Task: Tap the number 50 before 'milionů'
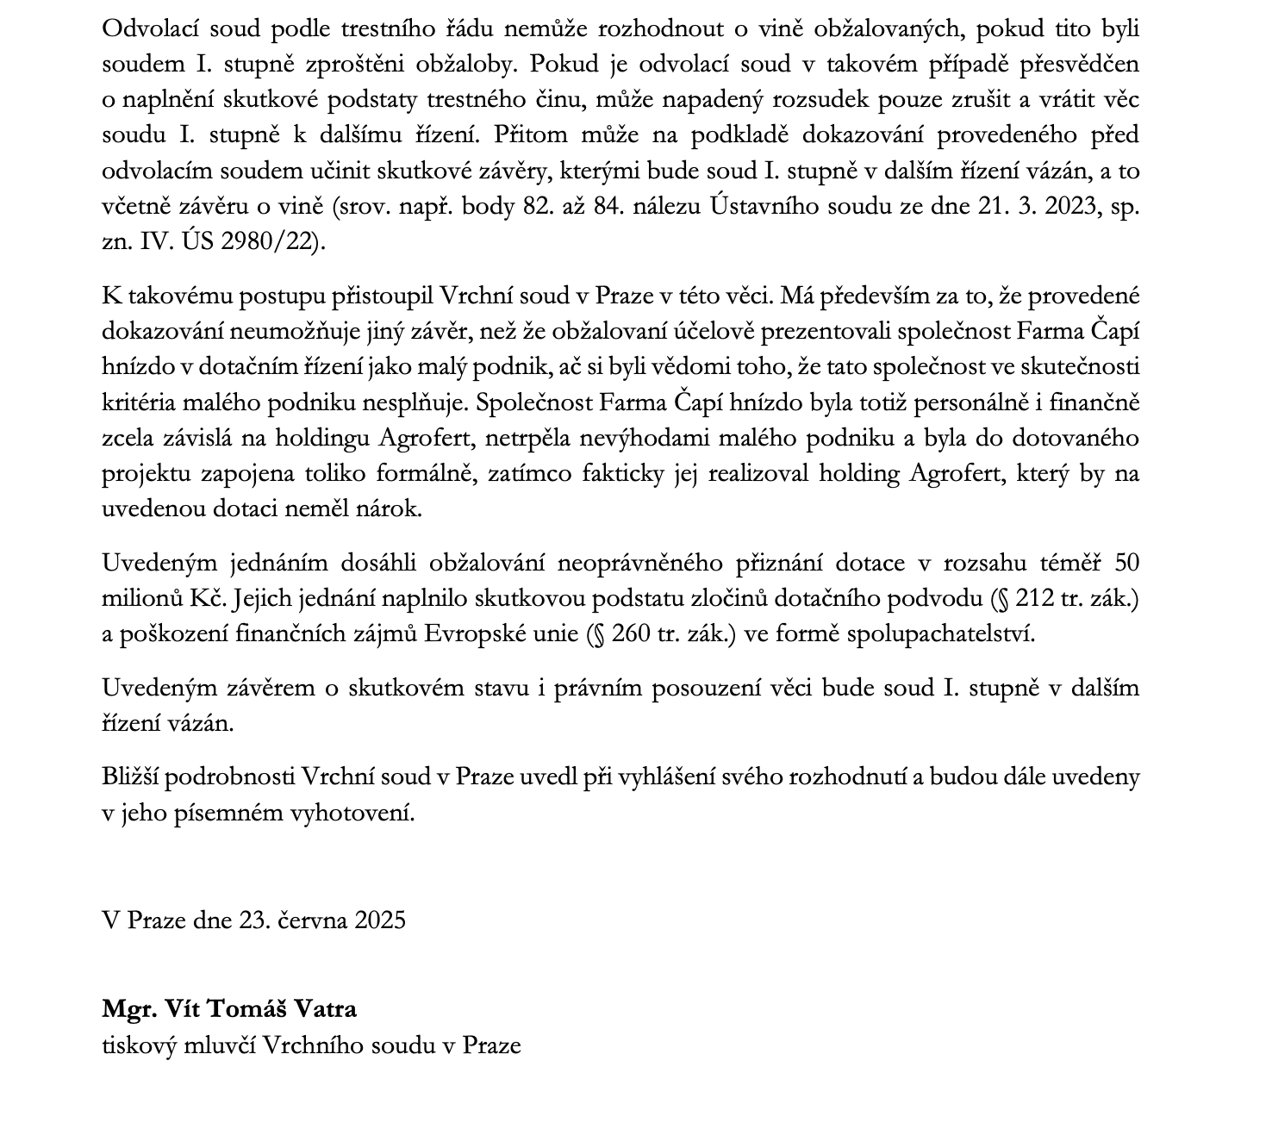click(x=1126, y=563)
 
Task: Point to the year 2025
click(x=380, y=920)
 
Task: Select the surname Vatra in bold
click(x=325, y=1008)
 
